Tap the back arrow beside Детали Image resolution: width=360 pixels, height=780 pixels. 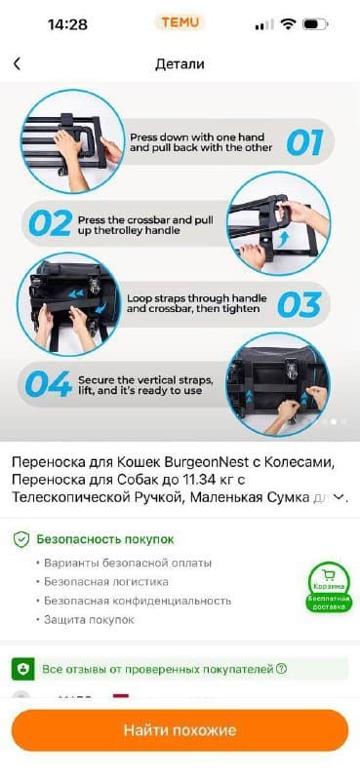tap(17, 64)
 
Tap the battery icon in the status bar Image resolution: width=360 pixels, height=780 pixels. tap(315, 24)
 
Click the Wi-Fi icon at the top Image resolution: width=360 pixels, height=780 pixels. tap(287, 24)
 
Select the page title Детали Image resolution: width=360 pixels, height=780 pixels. tap(180, 64)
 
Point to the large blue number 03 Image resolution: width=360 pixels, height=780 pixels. tap(299, 303)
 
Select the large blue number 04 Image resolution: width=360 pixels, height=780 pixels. tap(48, 383)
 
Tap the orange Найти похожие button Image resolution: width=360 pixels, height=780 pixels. tap(180, 729)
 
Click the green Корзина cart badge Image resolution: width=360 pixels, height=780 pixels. tap(329, 586)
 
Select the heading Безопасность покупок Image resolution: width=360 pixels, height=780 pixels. tap(104, 538)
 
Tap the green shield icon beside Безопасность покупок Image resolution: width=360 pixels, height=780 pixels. tap(20, 538)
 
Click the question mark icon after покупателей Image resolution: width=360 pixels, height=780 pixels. tap(281, 669)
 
